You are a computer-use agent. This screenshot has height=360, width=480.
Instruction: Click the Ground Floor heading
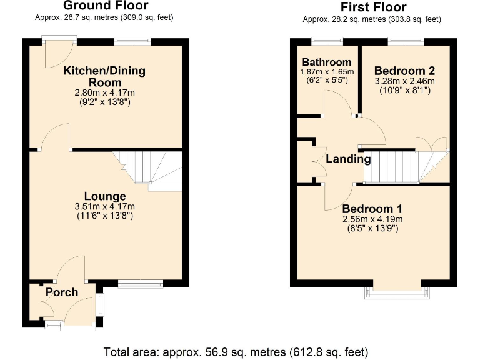click(x=104, y=6)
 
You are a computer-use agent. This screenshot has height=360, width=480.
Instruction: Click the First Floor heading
click(x=372, y=7)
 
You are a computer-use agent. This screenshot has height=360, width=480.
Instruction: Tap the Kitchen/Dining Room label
click(x=104, y=76)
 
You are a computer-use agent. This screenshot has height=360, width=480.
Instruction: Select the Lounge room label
click(x=104, y=196)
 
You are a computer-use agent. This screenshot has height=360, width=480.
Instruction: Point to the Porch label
click(x=61, y=292)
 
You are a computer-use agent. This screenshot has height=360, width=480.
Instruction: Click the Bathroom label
click(x=326, y=62)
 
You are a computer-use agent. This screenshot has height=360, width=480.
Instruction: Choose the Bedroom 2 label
click(x=404, y=71)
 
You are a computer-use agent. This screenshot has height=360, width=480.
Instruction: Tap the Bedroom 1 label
click(x=372, y=209)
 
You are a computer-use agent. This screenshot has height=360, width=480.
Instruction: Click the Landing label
click(x=348, y=159)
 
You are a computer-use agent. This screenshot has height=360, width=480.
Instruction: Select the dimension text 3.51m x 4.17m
click(x=104, y=207)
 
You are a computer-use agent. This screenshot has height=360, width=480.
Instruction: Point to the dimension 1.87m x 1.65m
click(x=326, y=72)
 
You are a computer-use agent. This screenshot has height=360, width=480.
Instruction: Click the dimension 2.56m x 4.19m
click(x=372, y=219)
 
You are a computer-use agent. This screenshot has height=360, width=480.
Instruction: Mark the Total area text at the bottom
click(x=239, y=350)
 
